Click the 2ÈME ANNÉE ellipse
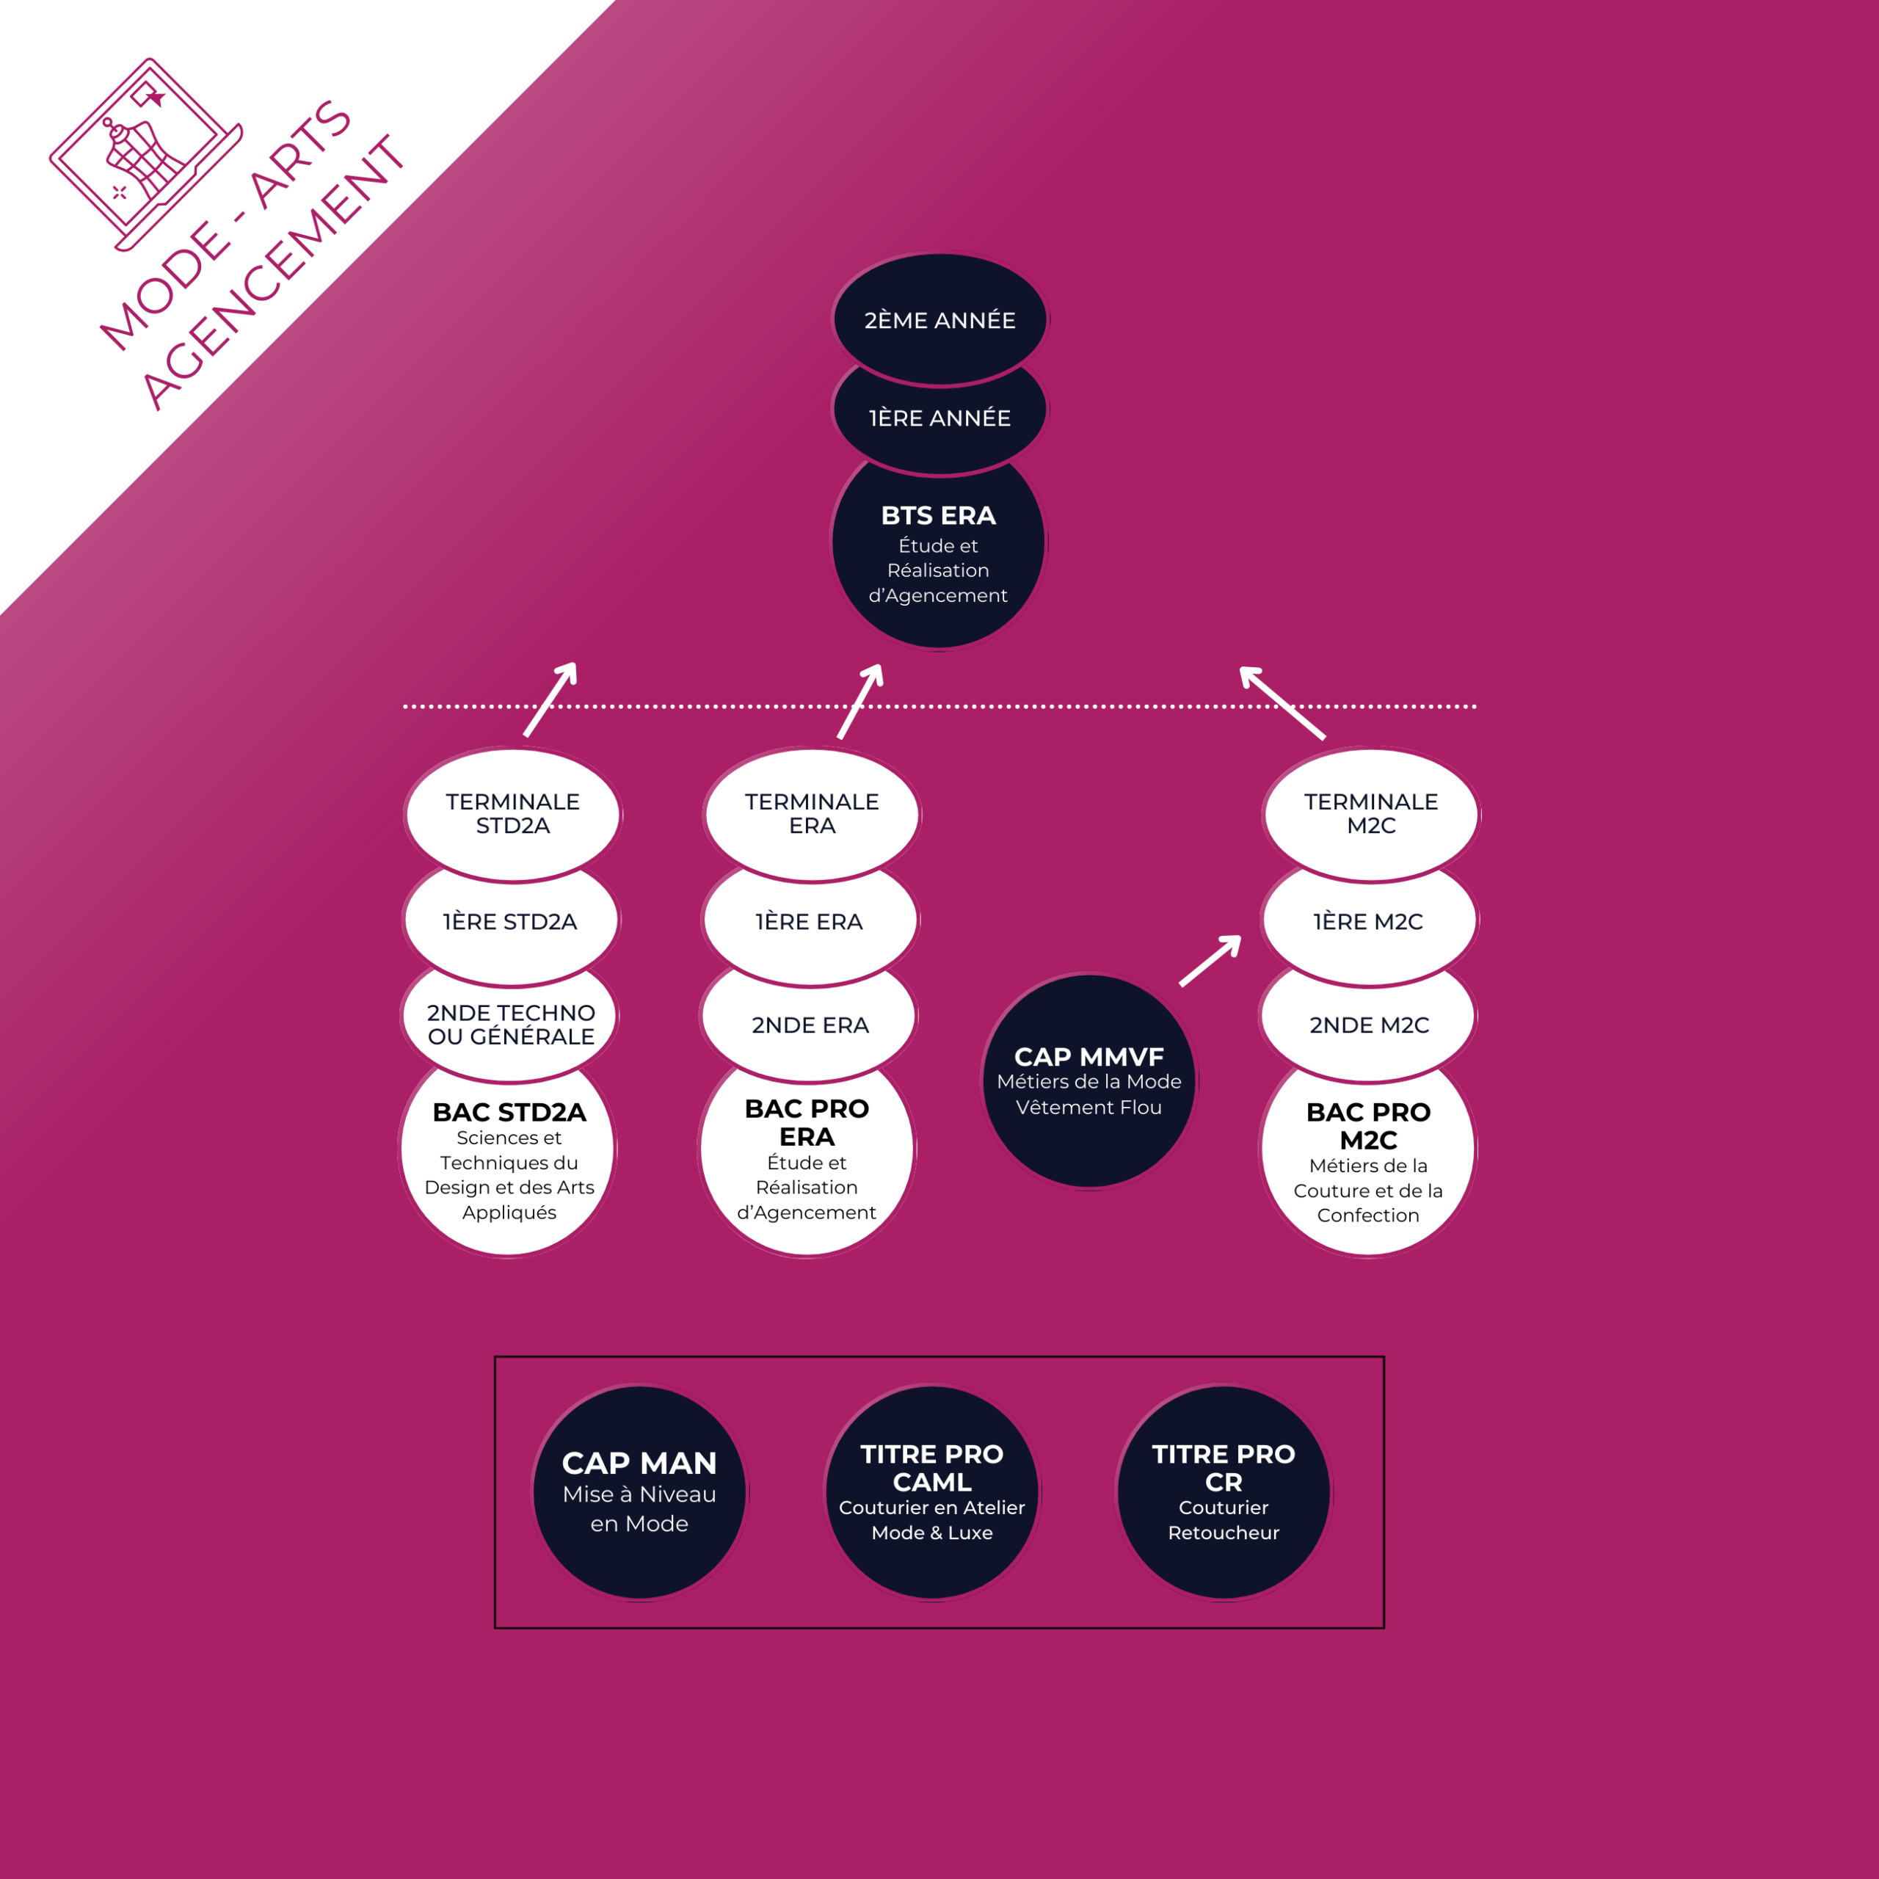[939, 319]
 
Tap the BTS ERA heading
[939, 515]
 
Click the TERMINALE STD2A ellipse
[512, 813]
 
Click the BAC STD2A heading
[509, 1112]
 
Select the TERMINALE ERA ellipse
[812, 813]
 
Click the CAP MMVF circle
[1089, 1080]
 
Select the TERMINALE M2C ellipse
[1371, 813]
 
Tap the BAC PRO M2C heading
[1368, 1125]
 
